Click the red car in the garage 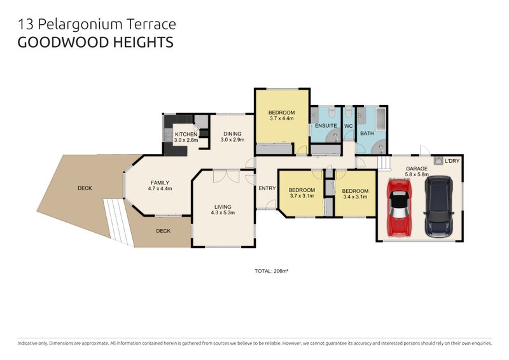click(x=399, y=206)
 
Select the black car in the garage click(x=438, y=206)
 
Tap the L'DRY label click(x=452, y=161)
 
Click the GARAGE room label click(x=417, y=169)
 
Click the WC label click(x=348, y=126)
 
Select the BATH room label click(x=367, y=134)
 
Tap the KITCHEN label click(x=186, y=134)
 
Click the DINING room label click(x=232, y=134)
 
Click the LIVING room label click(x=223, y=207)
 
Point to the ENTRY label click(x=267, y=188)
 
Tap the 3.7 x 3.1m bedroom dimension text click(x=302, y=196)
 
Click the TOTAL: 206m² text click(x=272, y=271)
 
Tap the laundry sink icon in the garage click(x=438, y=161)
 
